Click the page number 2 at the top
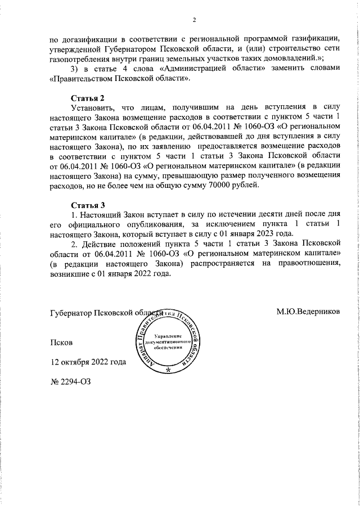193,21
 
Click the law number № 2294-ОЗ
71,380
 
